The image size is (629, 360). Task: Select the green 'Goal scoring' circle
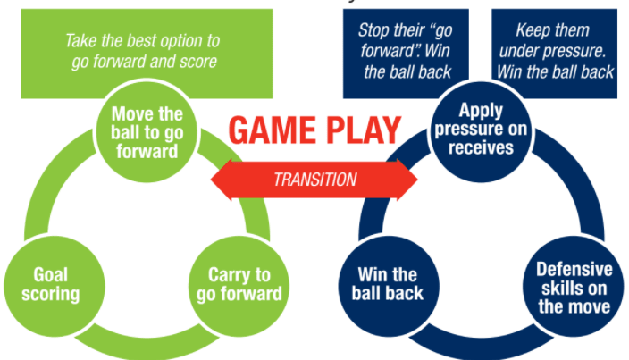tap(44, 283)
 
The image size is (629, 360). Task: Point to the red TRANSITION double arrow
tap(314, 180)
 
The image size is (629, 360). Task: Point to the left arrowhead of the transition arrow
tap(222, 180)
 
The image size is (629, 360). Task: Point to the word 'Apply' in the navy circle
tap(481, 111)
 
